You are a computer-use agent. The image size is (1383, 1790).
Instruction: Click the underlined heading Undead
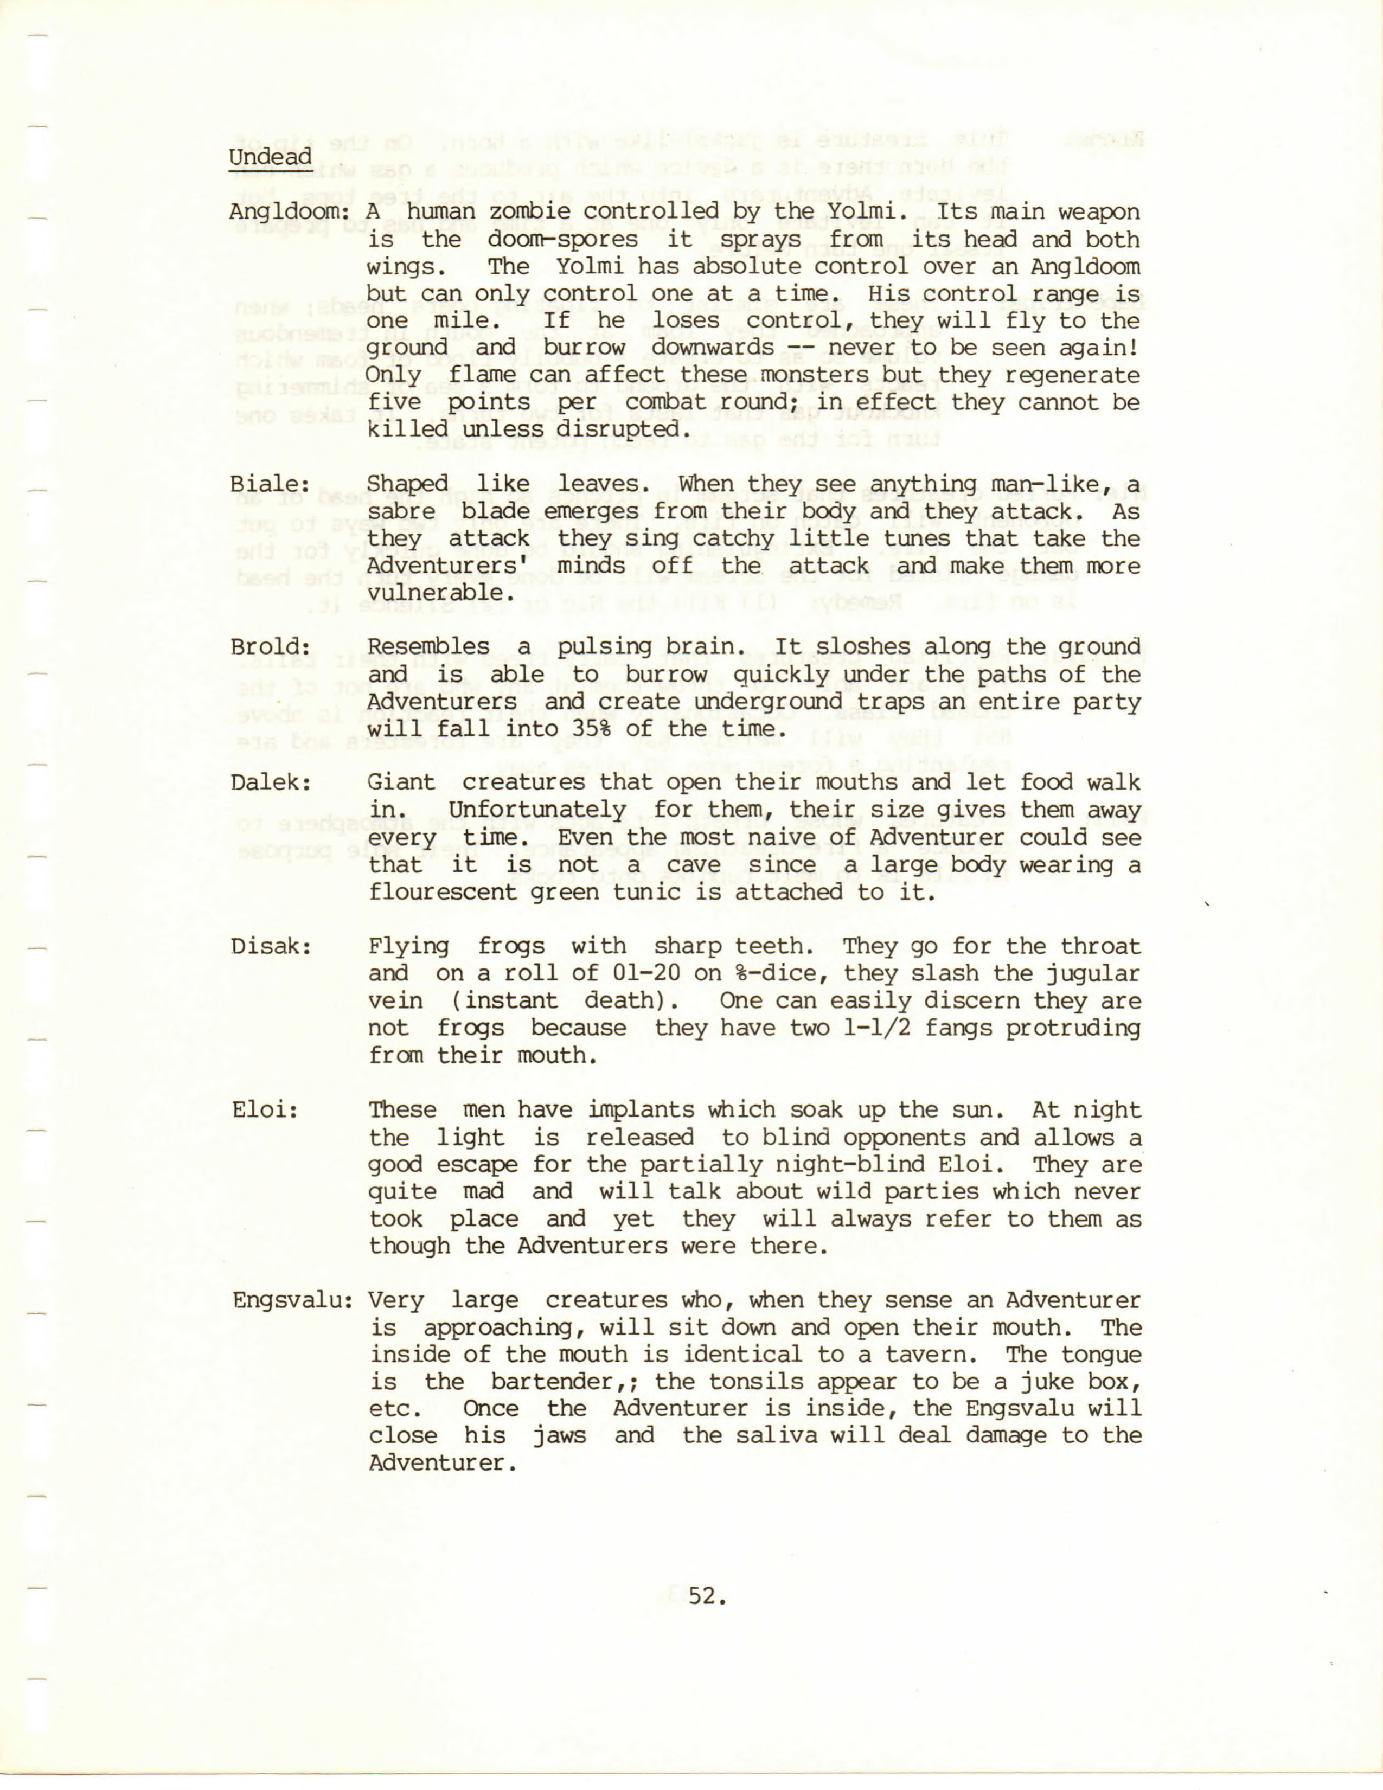[271, 157]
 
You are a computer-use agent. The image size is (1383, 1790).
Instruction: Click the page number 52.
[707, 1596]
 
